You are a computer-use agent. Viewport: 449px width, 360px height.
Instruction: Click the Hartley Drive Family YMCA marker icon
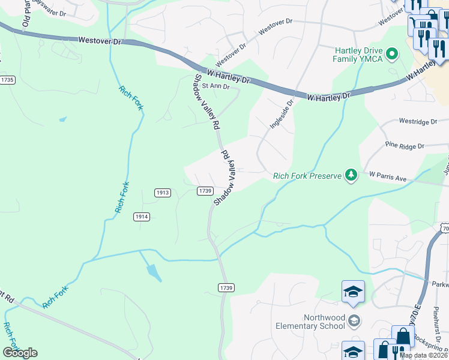(x=393, y=55)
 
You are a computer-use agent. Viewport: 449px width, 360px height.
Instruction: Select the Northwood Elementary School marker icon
(x=354, y=321)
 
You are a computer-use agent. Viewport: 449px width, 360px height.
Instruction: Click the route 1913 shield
(x=163, y=193)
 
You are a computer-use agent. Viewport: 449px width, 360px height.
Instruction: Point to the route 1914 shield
(x=142, y=217)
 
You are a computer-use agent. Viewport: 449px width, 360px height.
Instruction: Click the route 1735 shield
(x=7, y=80)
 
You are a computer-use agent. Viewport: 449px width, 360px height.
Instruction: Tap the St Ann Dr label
(x=215, y=86)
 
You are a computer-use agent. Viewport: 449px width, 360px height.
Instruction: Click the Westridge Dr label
(x=418, y=122)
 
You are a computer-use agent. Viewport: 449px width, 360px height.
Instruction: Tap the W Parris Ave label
(x=388, y=175)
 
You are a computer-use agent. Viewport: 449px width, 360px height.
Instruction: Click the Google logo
(x=20, y=353)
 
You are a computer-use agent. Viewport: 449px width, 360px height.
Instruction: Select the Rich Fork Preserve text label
(x=306, y=176)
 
